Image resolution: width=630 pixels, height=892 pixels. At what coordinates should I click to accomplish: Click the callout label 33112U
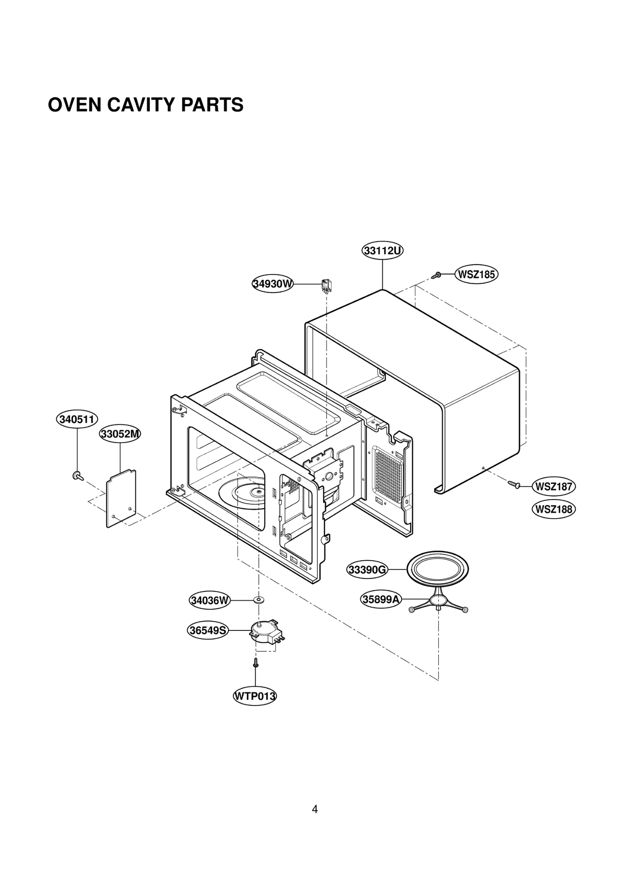point(382,251)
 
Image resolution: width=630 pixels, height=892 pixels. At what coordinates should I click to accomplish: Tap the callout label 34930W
point(272,284)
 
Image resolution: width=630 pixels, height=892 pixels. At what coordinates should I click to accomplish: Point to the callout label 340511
point(77,419)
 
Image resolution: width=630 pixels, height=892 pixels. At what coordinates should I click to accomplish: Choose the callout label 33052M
point(120,434)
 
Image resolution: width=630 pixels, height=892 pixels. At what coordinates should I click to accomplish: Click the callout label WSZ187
point(554,486)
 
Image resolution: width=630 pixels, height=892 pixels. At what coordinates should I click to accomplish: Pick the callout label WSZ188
point(554,509)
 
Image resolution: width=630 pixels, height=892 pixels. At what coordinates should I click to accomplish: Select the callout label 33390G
point(367,570)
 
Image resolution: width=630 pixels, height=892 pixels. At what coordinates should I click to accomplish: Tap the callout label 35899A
point(381,600)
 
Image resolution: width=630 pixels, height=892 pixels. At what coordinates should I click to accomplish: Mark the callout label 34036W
point(209,600)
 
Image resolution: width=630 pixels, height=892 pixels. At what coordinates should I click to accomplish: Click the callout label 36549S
point(208,630)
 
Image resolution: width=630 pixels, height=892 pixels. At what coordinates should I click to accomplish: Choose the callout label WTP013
point(255,696)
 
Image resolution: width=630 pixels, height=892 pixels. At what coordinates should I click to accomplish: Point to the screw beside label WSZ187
point(514,484)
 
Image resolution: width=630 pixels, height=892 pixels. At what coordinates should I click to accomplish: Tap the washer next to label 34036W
point(259,600)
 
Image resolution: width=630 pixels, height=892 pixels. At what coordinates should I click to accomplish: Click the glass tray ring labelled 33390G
point(437,569)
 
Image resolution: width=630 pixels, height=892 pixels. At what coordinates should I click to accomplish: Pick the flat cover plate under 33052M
point(121,498)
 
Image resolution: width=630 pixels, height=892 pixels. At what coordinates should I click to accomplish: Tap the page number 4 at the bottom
point(315,809)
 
